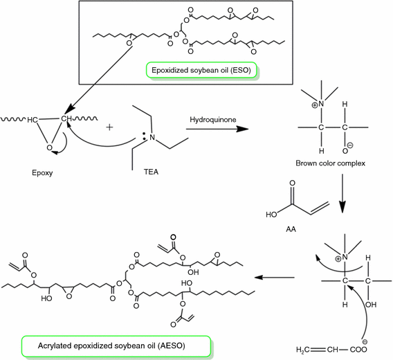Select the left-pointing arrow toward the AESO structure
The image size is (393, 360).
(x=271, y=277)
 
